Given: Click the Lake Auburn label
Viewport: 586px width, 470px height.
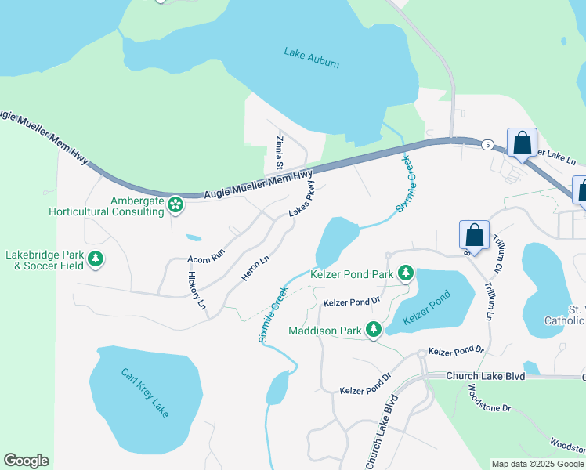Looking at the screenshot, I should [x=312, y=57].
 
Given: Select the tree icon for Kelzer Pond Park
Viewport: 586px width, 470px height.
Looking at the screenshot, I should [x=405, y=273].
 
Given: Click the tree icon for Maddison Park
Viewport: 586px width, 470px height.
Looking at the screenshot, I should [x=374, y=330].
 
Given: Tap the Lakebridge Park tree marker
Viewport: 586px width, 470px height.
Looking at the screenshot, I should [x=96, y=258].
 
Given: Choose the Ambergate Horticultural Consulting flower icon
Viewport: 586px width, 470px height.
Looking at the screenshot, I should [x=175, y=204].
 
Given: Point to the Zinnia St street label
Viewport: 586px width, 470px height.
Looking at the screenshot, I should [x=279, y=153].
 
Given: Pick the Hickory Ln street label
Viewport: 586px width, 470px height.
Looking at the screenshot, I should [x=197, y=289].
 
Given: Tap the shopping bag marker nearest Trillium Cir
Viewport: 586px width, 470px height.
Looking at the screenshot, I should [x=474, y=235].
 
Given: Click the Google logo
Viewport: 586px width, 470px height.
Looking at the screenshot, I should [x=26, y=461].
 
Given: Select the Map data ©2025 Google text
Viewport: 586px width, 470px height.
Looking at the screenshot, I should [x=537, y=464].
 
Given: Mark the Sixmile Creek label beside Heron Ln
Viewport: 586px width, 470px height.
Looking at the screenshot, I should [x=272, y=313].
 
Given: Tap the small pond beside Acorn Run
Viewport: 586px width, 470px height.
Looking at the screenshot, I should [x=193, y=237].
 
